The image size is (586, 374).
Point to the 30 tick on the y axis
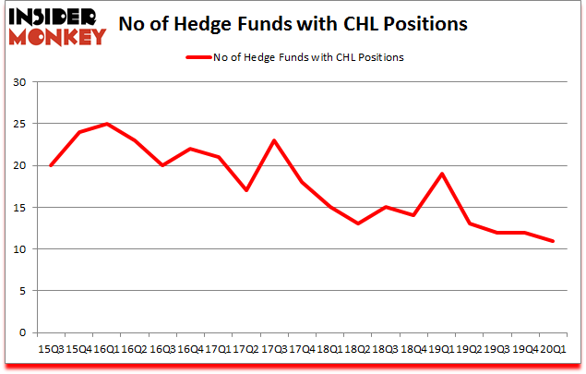18,83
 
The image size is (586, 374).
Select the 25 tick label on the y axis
18,125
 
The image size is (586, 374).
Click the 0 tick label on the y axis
22,332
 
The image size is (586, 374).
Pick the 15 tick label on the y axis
18,208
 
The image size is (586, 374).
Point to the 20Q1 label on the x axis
552,349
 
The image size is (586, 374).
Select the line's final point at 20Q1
552,241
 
